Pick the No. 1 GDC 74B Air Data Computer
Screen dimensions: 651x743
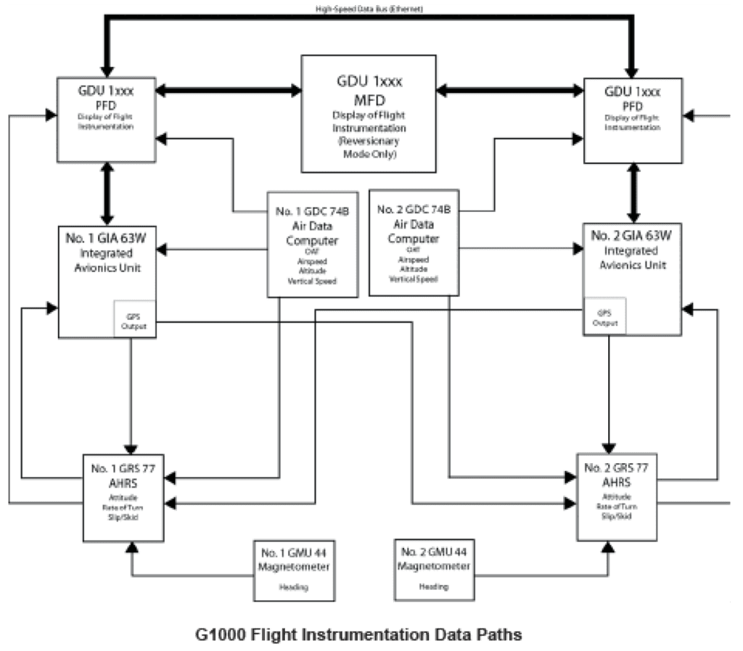click(x=312, y=244)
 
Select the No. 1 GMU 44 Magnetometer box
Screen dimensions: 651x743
click(x=295, y=569)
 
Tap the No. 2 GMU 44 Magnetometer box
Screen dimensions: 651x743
click(x=435, y=569)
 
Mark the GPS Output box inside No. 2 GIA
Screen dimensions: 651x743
click(x=604, y=318)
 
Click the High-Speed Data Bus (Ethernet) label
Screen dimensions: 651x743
click(x=369, y=9)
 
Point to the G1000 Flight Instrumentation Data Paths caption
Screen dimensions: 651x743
click(x=358, y=634)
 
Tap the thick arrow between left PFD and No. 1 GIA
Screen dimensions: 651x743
click(x=108, y=192)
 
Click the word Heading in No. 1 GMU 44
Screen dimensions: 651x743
click(x=294, y=588)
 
